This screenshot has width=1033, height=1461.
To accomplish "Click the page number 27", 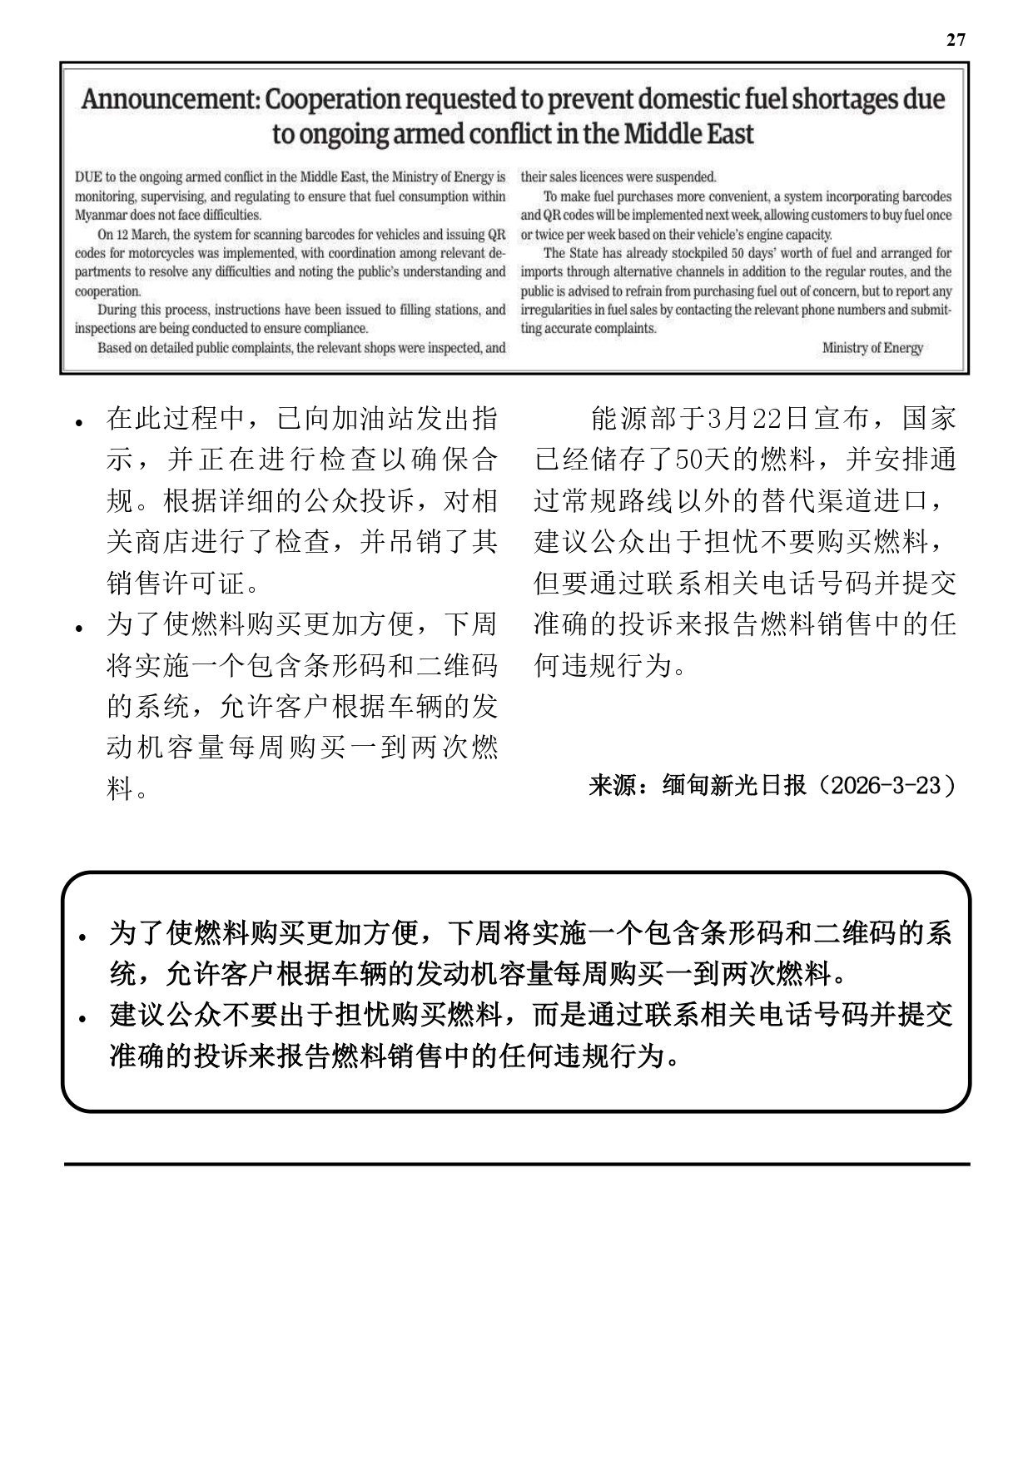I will (x=956, y=40).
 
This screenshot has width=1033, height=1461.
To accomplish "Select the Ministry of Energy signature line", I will (x=872, y=348).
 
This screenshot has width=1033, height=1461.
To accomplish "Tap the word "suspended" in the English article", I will (x=684, y=177).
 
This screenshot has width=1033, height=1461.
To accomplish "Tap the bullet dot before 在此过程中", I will (x=79, y=423).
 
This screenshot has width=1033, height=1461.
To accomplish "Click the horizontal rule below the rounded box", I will (x=516, y=1164).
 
